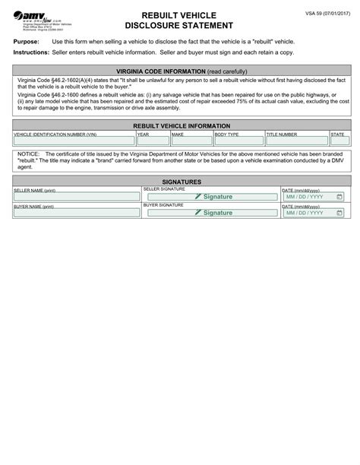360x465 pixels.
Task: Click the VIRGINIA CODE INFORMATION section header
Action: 180,71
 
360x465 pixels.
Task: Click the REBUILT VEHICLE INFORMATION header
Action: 180,125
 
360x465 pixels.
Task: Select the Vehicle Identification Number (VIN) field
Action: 73,140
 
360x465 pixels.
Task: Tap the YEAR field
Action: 152,140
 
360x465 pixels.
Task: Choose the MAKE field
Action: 191,140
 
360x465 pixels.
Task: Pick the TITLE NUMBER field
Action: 295,140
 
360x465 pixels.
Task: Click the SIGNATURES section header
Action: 180,182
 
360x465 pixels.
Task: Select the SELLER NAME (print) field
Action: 76,197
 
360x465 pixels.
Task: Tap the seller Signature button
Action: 213,197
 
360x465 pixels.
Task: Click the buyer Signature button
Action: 213,213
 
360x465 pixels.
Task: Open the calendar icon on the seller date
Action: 339,197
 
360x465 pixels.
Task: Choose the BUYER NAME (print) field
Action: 76,214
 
